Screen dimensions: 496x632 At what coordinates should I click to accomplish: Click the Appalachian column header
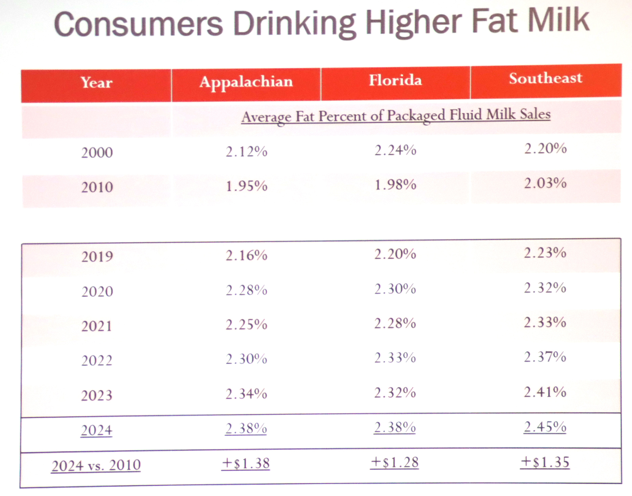tap(246, 82)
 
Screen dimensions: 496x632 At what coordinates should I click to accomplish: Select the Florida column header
tap(395, 81)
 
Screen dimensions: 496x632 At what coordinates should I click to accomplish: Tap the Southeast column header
tap(545, 78)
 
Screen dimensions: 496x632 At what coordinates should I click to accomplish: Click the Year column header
tap(96, 83)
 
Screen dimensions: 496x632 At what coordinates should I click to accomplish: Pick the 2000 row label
tap(97, 153)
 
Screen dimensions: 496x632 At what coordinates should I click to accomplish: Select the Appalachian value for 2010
tap(246, 186)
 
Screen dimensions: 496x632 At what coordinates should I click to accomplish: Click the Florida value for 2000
tap(395, 150)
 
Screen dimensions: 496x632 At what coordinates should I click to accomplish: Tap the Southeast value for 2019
tap(545, 253)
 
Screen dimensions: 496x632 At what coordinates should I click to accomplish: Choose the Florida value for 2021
tap(395, 323)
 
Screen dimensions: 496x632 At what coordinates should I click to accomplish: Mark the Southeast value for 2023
tap(545, 392)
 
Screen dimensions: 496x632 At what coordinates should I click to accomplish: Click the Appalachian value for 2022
tap(246, 359)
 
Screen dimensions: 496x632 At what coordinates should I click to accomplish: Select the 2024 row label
tap(96, 430)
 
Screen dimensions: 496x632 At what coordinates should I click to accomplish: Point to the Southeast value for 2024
tap(545, 427)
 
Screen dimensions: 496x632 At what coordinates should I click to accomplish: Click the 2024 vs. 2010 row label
tap(96, 466)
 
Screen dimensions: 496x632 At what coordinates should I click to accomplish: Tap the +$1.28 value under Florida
tap(394, 463)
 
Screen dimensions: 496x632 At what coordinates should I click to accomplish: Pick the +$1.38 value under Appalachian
tap(246, 464)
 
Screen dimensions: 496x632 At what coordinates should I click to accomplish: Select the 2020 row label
tap(97, 291)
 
